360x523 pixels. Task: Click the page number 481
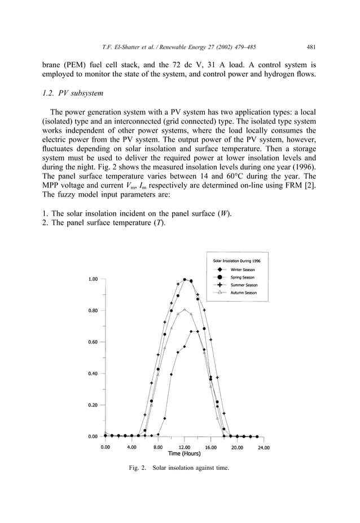click(x=311, y=47)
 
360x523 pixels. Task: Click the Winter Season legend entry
click(x=243, y=270)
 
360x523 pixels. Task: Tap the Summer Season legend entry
click(x=243, y=285)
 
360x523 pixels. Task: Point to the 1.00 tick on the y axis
click(x=93, y=279)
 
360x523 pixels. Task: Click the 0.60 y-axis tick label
click(x=93, y=342)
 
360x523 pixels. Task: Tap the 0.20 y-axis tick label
click(x=93, y=405)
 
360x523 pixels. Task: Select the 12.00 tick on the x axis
click(x=185, y=447)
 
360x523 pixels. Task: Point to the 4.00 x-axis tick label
click(x=131, y=447)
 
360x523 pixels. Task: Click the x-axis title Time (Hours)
click(x=185, y=454)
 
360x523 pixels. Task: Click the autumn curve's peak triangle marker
click(x=185, y=310)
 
